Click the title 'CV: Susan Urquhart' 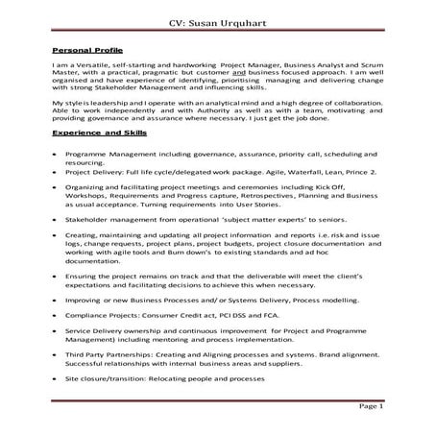pos(216,20)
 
